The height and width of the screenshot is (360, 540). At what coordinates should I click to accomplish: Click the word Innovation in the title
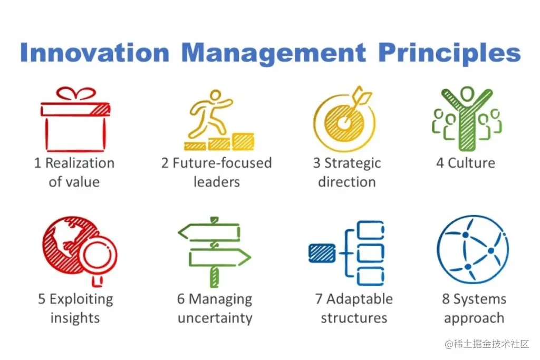[95, 53]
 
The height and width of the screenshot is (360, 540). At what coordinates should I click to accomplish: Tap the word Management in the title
[273, 53]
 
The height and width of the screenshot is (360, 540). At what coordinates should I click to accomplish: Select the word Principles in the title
[449, 53]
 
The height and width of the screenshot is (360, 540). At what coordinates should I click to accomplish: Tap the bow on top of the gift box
[76, 94]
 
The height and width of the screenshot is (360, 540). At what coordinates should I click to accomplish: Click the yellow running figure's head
[216, 95]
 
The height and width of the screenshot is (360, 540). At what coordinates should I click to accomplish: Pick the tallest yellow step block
[243, 141]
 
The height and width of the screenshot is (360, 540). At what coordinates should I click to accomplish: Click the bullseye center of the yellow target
[343, 122]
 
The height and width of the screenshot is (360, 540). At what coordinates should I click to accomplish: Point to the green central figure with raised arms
[467, 119]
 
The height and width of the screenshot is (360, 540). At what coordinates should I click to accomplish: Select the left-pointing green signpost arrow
[209, 232]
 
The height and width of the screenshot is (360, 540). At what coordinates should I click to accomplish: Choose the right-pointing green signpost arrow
[220, 257]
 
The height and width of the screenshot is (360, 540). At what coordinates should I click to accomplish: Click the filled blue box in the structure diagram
[322, 253]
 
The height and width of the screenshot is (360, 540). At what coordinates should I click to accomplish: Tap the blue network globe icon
[472, 249]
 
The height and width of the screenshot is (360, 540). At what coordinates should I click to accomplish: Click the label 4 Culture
[466, 163]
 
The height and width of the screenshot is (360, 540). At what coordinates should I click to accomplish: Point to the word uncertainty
[215, 318]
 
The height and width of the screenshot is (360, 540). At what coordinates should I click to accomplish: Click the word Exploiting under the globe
[81, 299]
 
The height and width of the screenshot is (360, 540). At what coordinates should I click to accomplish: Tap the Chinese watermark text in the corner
[487, 344]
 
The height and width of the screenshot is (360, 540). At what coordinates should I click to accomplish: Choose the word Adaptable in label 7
[360, 299]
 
